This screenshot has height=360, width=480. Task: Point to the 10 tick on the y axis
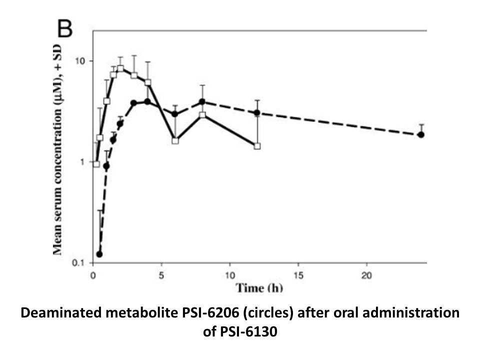[79, 61]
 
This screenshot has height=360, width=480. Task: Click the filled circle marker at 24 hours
[421, 134]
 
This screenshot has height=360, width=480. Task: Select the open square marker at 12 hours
[257, 146]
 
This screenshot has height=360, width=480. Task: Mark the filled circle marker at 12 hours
[257, 113]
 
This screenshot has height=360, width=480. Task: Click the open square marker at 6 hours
[175, 140]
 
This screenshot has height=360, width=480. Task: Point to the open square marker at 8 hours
[202, 115]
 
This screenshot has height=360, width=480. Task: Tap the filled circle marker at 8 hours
[202, 101]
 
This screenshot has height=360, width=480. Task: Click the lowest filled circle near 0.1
[99, 254]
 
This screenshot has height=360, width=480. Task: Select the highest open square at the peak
[120, 68]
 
